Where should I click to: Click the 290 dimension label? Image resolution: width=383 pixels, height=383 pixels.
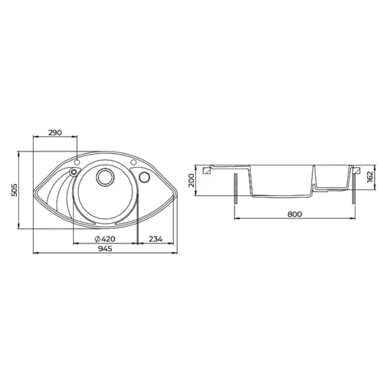pyautogui.click(x=55, y=133)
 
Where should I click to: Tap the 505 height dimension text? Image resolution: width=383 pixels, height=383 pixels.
pyautogui.click(x=15, y=190)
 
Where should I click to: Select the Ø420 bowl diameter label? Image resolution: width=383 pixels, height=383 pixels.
pyautogui.click(x=105, y=239)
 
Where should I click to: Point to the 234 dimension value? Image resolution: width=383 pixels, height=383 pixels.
pyautogui.click(x=155, y=239)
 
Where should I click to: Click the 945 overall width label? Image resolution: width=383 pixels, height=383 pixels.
pyautogui.click(x=105, y=248)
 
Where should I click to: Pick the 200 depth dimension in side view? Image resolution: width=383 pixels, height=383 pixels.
pyautogui.click(x=191, y=180)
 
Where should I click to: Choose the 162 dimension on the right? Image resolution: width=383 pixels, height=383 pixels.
pyautogui.click(x=370, y=177)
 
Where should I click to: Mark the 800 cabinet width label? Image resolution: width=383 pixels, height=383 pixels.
pyautogui.click(x=295, y=214)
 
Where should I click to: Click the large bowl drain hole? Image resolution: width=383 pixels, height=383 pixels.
pyautogui.click(x=105, y=176)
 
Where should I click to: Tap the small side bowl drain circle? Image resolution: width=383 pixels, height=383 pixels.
pyautogui.click(x=144, y=177)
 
